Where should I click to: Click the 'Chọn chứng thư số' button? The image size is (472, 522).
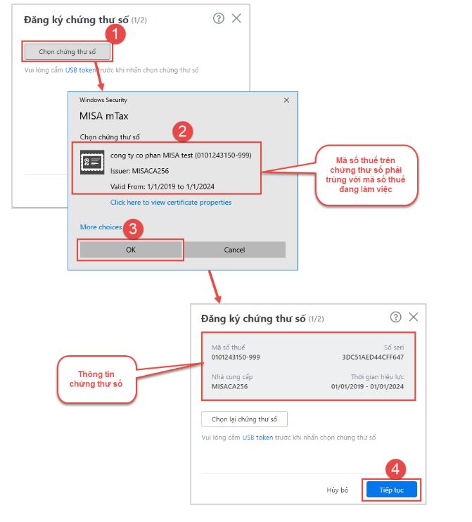[x=68, y=51]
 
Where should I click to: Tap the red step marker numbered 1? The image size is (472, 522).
[x=115, y=34]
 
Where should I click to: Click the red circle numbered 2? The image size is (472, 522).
[x=182, y=131]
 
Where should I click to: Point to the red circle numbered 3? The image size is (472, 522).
[x=133, y=229]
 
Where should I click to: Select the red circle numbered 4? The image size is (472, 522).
[x=395, y=469]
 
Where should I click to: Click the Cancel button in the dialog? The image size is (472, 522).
[x=234, y=250]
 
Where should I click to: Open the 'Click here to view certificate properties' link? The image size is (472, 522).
[x=171, y=203]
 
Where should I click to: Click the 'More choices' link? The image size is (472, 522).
[x=101, y=227]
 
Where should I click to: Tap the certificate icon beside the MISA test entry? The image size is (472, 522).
[x=92, y=162]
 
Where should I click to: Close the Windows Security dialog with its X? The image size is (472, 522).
[x=286, y=100]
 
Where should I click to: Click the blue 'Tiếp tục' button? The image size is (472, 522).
[x=391, y=490]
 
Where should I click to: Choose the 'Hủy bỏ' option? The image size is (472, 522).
[x=337, y=490]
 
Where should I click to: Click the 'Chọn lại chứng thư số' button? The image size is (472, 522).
[x=244, y=419]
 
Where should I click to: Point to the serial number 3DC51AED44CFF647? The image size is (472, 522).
[x=373, y=357]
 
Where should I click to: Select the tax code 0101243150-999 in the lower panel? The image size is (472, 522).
[x=236, y=357]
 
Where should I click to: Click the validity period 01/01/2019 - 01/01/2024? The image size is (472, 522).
[x=367, y=386]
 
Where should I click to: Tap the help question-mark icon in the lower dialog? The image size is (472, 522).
[x=395, y=317]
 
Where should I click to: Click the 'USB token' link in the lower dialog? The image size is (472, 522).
[x=257, y=438]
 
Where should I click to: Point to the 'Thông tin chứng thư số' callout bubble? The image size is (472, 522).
[x=96, y=379]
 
